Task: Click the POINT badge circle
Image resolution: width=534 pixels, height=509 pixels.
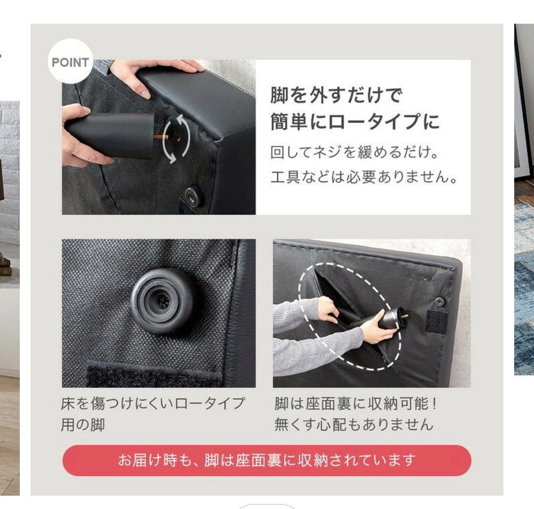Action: [70, 63]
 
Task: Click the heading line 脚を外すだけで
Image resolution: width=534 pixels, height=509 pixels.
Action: [336, 95]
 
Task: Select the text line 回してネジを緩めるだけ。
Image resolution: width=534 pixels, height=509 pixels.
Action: [354, 153]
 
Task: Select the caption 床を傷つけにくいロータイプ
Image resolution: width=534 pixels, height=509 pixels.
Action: [153, 403]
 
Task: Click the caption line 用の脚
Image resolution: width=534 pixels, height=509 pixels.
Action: [83, 425]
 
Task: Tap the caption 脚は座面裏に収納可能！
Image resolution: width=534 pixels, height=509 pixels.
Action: [356, 403]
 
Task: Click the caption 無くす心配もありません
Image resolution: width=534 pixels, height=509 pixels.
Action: [354, 425]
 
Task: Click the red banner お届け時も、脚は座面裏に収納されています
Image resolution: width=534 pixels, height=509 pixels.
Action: [267, 460]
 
